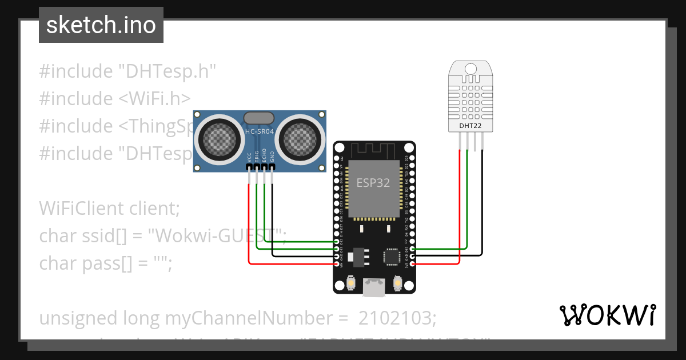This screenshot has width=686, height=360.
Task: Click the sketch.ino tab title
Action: pos(101,25)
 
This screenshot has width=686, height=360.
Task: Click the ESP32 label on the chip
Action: pos(374,182)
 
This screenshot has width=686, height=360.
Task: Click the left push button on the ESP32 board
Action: pos(352,282)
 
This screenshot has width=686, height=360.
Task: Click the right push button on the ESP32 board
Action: pos(398,282)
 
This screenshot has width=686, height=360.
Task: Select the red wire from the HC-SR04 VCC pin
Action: pos(249,229)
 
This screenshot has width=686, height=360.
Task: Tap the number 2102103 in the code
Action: pos(396,318)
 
